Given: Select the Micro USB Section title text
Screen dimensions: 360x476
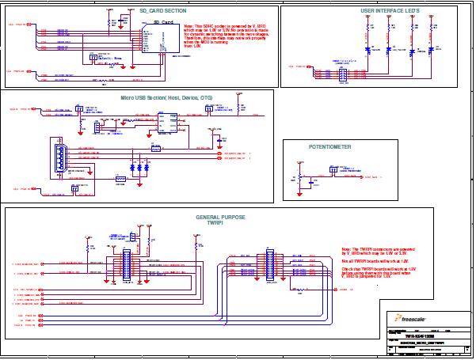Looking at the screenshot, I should tap(166, 97).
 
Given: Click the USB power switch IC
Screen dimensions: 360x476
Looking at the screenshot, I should tap(167, 123).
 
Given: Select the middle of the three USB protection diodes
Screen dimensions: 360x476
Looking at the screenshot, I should tap(139, 169).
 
